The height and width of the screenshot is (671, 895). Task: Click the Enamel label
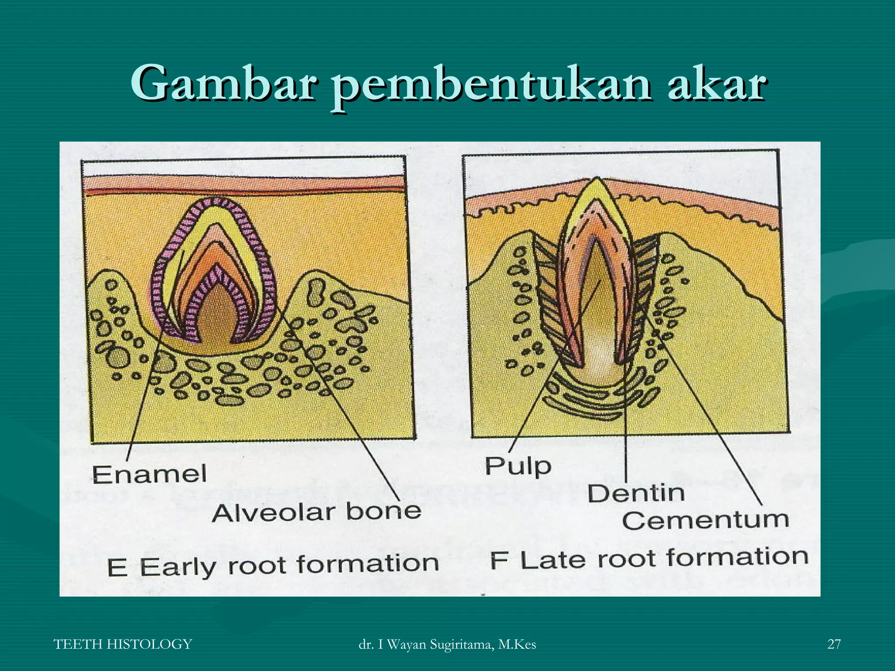pyautogui.click(x=149, y=475)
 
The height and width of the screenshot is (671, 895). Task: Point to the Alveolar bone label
pyautogui.click(x=316, y=512)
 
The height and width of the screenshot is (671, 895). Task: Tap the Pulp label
pyautogui.click(x=518, y=466)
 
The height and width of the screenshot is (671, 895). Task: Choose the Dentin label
pyautogui.click(x=636, y=494)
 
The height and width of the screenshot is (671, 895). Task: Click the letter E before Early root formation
pyautogui.click(x=117, y=568)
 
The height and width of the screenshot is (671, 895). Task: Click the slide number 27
pyautogui.click(x=834, y=644)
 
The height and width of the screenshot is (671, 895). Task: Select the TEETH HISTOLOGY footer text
pyautogui.click(x=123, y=644)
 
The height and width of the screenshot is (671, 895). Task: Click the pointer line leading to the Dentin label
pyautogui.click(x=626, y=437)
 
